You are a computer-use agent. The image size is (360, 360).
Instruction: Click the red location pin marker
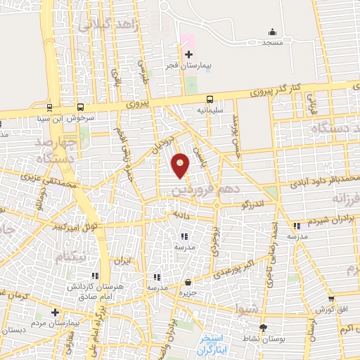tap(181, 166)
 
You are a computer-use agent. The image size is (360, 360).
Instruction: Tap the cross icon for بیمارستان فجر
tap(188, 54)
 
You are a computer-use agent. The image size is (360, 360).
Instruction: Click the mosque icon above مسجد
tap(272, 32)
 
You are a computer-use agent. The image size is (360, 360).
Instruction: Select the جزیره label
tap(186, 292)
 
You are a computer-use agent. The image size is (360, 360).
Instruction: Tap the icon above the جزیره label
tap(186, 283)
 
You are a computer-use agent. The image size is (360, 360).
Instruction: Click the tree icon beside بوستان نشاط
tap(264, 328)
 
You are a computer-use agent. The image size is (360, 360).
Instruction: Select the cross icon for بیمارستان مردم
tap(55, 311)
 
